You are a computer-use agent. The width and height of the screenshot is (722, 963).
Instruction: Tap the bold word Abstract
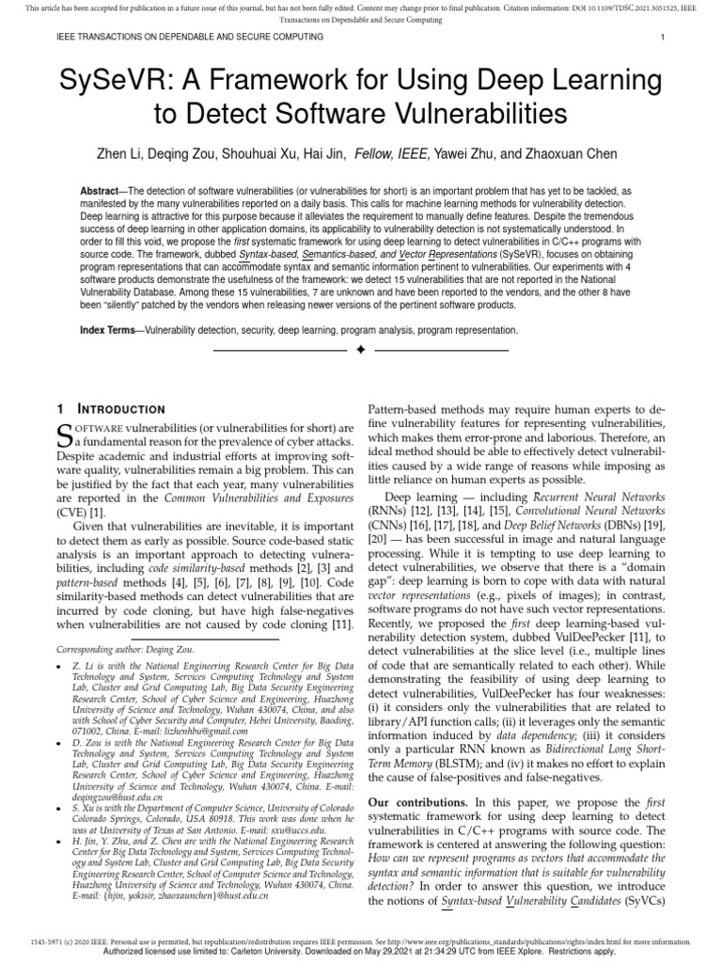click(104, 191)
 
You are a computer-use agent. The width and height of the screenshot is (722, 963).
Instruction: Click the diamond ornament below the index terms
click(361, 350)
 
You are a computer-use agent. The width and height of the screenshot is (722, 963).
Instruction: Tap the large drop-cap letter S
click(66, 435)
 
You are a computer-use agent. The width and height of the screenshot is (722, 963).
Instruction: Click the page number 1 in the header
click(663, 37)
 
